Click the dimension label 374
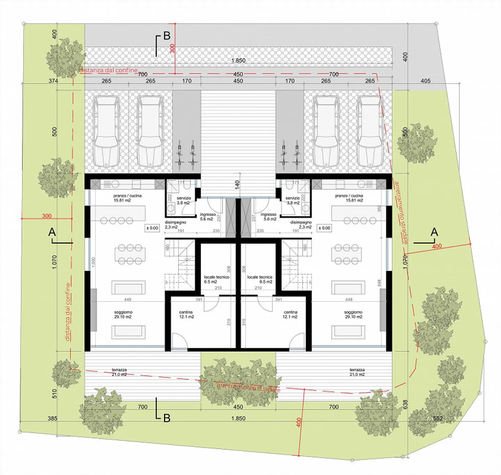click(x=53, y=81)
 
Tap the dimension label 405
click(x=426, y=81)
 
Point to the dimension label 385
click(x=53, y=418)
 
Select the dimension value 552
click(x=438, y=418)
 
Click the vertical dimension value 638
click(x=405, y=404)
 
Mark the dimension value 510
click(x=54, y=394)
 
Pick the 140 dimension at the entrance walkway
click(x=237, y=185)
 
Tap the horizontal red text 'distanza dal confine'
click(x=108, y=70)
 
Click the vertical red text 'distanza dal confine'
click(x=68, y=311)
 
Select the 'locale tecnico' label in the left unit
click(x=216, y=279)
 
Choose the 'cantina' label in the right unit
click(x=290, y=315)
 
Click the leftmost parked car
click(x=106, y=131)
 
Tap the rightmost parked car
click(x=370, y=131)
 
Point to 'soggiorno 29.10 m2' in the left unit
click(x=123, y=315)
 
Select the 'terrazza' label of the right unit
click(x=357, y=372)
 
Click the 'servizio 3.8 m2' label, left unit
click(x=183, y=200)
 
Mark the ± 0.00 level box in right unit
click(x=324, y=228)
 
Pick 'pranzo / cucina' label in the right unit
click(x=349, y=198)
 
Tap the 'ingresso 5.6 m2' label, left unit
click(x=208, y=217)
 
